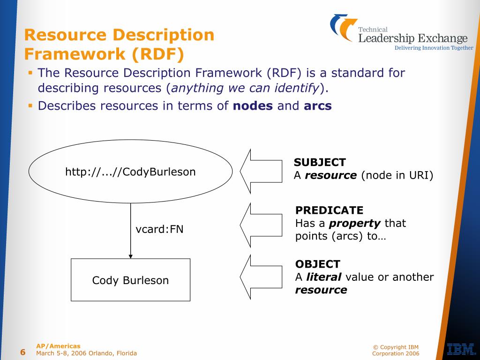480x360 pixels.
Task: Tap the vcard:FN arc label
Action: pyautogui.click(x=159, y=229)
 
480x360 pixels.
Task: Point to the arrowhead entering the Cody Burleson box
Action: pyautogui.click(x=131, y=256)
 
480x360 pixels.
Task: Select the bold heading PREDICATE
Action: pyautogui.click(x=329, y=210)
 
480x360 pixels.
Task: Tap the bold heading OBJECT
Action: pyautogui.click(x=318, y=264)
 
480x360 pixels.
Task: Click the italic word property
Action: pyautogui.click(x=354, y=224)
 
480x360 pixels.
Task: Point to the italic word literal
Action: pyautogui.click(x=323, y=277)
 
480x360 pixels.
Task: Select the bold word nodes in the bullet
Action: pyautogui.click(x=253, y=106)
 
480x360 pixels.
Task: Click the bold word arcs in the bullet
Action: pyautogui.click(x=318, y=106)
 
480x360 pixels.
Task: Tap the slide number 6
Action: pyautogui.click(x=23, y=352)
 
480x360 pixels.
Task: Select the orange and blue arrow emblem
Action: pyautogui.click(x=344, y=28)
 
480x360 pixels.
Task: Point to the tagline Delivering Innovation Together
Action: pyautogui.click(x=434, y=48)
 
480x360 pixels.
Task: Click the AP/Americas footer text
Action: pyautogui.click(x=58, y=346)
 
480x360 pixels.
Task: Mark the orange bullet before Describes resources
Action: pyautogui.click(x=30, y=105)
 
